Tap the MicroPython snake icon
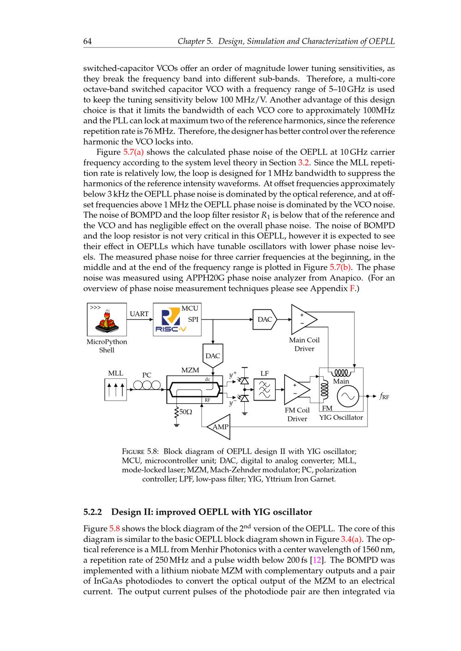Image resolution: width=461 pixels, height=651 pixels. click(x=107, y=320)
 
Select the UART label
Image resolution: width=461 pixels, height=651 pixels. click(x=139, y=314)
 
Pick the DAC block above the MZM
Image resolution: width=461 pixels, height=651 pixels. click(x=213, y=356)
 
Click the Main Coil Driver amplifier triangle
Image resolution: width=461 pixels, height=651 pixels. click(x=302, y=319)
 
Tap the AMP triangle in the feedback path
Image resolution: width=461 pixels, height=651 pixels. click(x=219, y=427)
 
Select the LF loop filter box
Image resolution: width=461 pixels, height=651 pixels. click(x=265, y=389)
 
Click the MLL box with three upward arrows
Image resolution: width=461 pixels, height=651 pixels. click(x=115, y=389)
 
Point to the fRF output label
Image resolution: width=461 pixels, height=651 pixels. click(x=384, y=396)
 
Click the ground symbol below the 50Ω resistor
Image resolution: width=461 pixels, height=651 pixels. click(x=176, y=425)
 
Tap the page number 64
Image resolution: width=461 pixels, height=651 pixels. click(x=88, y=41)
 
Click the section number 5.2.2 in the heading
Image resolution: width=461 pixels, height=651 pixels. click(x=95, y=512)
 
